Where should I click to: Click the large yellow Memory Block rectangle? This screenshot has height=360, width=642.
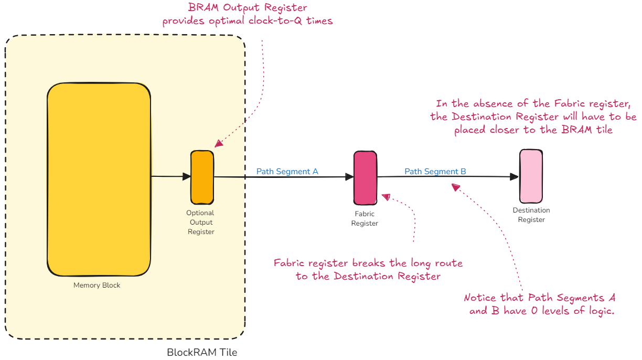(99, 179)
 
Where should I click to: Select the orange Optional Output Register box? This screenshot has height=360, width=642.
(202, 177)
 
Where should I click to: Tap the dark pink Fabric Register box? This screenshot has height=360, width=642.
(365, 177)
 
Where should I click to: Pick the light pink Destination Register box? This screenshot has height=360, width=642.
(531, 176)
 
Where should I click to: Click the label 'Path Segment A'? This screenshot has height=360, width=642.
(287, 171)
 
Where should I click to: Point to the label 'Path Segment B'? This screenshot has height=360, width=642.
(435, 171)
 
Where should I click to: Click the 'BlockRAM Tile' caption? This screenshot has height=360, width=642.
(202, 352)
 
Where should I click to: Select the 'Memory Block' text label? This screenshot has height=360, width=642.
(97, 285)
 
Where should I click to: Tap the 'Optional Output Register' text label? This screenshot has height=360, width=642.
(200, 222)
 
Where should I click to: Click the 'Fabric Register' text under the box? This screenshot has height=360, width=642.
(365, 218)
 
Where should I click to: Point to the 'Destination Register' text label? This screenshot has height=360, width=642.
(531, 215)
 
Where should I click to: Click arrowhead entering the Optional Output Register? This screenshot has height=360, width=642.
(186, 177)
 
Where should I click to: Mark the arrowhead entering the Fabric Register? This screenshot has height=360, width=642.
(350, 177)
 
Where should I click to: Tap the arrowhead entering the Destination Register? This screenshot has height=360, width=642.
(515, 177)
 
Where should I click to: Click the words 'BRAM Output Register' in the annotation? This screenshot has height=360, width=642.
(247, 8)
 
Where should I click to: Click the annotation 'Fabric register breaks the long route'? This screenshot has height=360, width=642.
(368, 262)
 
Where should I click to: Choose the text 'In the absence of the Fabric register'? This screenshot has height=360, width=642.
(529, 103)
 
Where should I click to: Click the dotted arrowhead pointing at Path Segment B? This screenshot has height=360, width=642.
(455, 187)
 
